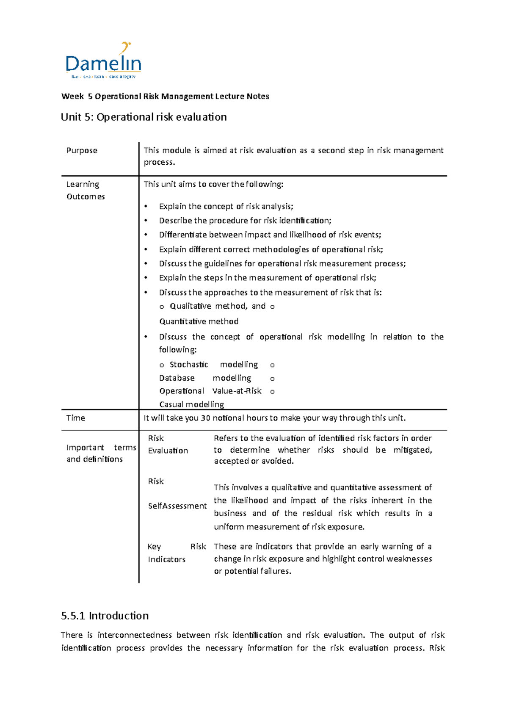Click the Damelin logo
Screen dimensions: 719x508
[103, 61]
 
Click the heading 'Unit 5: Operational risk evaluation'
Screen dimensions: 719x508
[144, 117]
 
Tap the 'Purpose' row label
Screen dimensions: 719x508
[82, 150]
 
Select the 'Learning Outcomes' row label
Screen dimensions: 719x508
[86, 190]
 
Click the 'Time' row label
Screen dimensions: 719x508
[75, 418]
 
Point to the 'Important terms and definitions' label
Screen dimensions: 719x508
[101, 453]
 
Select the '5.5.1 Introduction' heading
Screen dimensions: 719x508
[105, 616]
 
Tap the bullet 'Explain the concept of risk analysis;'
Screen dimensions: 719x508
[226, 206]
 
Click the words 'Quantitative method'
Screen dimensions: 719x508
[199, 321]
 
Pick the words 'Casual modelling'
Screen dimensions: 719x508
[191, 404]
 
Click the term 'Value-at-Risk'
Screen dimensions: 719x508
[237, 391]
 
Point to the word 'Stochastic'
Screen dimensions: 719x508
[189, 365]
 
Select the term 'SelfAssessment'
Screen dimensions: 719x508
[177, 506]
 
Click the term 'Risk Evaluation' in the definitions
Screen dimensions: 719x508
[168, 444]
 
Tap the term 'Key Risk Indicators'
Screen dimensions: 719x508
[177, 553]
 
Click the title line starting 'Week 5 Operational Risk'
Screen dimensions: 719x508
[165, 96]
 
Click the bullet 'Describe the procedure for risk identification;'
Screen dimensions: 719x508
[245, 221]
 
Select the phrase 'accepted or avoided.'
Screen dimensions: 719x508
[254, 461]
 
